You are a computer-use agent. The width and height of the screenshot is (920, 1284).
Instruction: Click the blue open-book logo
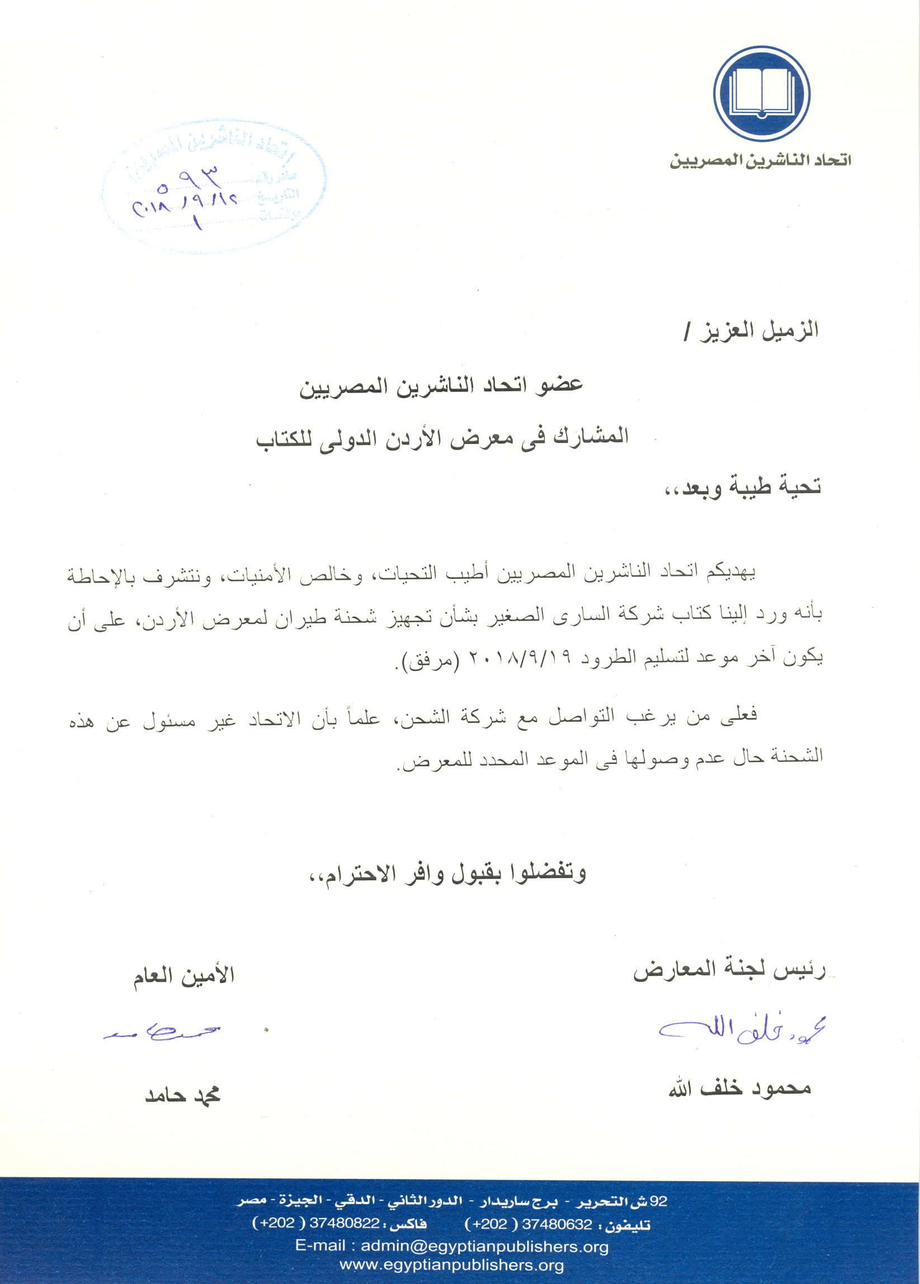761,94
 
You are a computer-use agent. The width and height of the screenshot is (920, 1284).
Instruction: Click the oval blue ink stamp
214,187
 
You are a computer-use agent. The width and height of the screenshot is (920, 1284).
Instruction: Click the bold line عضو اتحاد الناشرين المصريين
441,386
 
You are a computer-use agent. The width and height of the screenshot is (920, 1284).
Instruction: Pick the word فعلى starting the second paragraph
738,715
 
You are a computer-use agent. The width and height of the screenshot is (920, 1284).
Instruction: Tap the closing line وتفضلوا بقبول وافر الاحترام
447,874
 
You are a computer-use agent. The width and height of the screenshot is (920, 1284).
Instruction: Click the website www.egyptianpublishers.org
451,1266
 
